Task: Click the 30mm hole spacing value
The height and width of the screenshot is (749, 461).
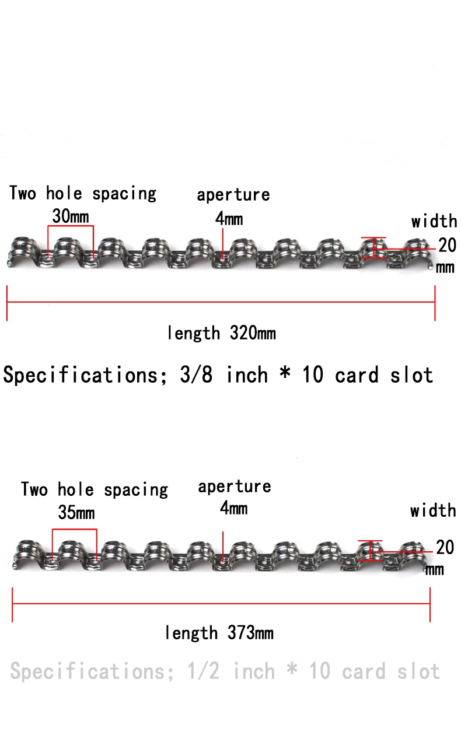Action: [x=71, y=216]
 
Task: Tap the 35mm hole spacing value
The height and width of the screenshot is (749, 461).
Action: [x=76, y=513]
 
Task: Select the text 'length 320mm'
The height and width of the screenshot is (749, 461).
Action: [x=221, y=334]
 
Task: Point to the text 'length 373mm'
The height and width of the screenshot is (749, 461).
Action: [x=219, y=633]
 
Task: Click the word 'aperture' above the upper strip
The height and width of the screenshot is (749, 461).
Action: [x=233, y=194]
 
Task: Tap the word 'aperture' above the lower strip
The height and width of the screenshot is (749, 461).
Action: [x=235, y=487]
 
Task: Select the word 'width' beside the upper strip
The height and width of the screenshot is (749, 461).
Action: [x=434, y=221]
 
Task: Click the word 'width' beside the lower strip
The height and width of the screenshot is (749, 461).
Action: [x=432, y=511]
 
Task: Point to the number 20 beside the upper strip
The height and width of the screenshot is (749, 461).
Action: [x=447, y=246]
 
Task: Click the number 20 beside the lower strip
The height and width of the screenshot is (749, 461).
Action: [x=445, y=547]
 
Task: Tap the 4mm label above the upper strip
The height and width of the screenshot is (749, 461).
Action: [x=229, y=219]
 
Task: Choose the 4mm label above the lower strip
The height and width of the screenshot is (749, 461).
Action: [x=233, y=508]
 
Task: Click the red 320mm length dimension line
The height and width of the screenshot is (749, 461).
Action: [x=221, y=302]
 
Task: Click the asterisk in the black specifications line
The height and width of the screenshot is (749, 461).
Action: [x=285, y=374]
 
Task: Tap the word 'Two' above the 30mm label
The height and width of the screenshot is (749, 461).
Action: [x=23, y=193]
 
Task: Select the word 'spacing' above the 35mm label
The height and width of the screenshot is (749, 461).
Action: [x=136, y=490]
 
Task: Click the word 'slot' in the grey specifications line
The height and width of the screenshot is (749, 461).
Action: [x=418, y=671]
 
